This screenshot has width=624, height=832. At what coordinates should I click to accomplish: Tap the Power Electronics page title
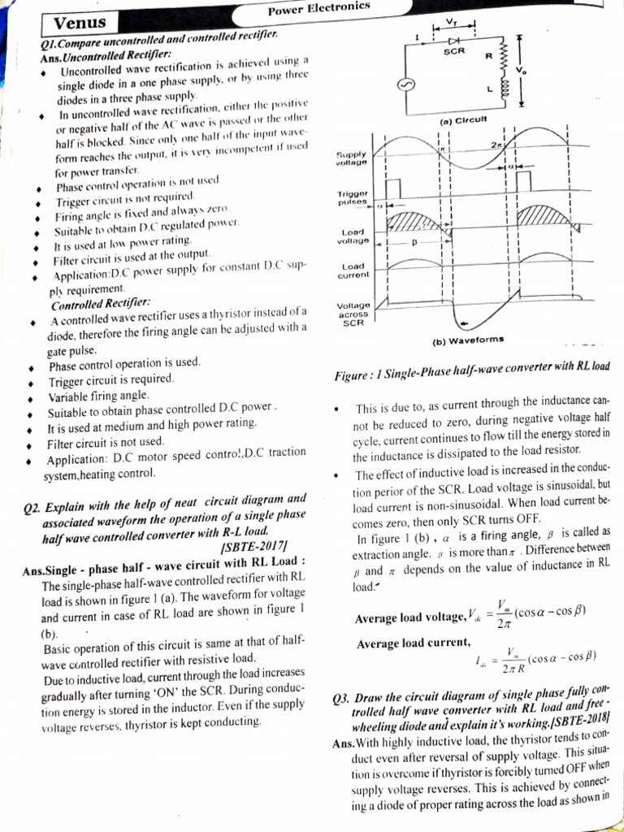(x=318, y=10)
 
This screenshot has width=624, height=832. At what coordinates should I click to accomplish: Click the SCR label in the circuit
(x=453, y=50)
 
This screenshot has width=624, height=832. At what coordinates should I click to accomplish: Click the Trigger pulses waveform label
(x=352, y=197)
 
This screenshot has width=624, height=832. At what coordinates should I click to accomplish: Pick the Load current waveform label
(x=353, y=271)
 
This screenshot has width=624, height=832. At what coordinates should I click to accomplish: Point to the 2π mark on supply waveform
(x=496, y=144)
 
